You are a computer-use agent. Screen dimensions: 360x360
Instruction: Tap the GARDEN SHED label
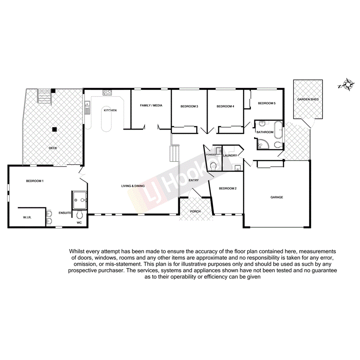click(308, 100)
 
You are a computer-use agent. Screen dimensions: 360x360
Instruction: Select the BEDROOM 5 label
click(267, 103)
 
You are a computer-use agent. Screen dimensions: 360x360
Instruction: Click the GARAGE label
click(277, 197)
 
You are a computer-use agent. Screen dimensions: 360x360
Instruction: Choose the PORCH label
click(195, 212)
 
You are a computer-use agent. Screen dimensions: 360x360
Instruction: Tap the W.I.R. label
click(27, 218)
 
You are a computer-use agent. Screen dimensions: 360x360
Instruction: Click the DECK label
click(53, 148)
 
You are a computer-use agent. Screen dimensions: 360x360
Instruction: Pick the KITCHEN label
click(110, 110)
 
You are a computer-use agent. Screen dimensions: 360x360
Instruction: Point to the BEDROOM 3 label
click(189, 107)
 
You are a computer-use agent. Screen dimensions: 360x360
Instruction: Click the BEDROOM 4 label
click(225, 107)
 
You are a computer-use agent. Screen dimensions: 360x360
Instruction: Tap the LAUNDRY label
click(230, 156)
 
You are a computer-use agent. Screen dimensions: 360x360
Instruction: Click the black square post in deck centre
click(55, 129)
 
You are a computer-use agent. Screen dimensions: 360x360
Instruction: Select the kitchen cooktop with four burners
click(107, 93)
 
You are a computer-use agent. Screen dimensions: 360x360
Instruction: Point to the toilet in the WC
click(80, 215)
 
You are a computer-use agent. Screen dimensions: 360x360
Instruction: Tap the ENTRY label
click(193, 180)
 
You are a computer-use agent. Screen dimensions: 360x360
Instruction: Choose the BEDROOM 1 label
click(35, 181)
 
